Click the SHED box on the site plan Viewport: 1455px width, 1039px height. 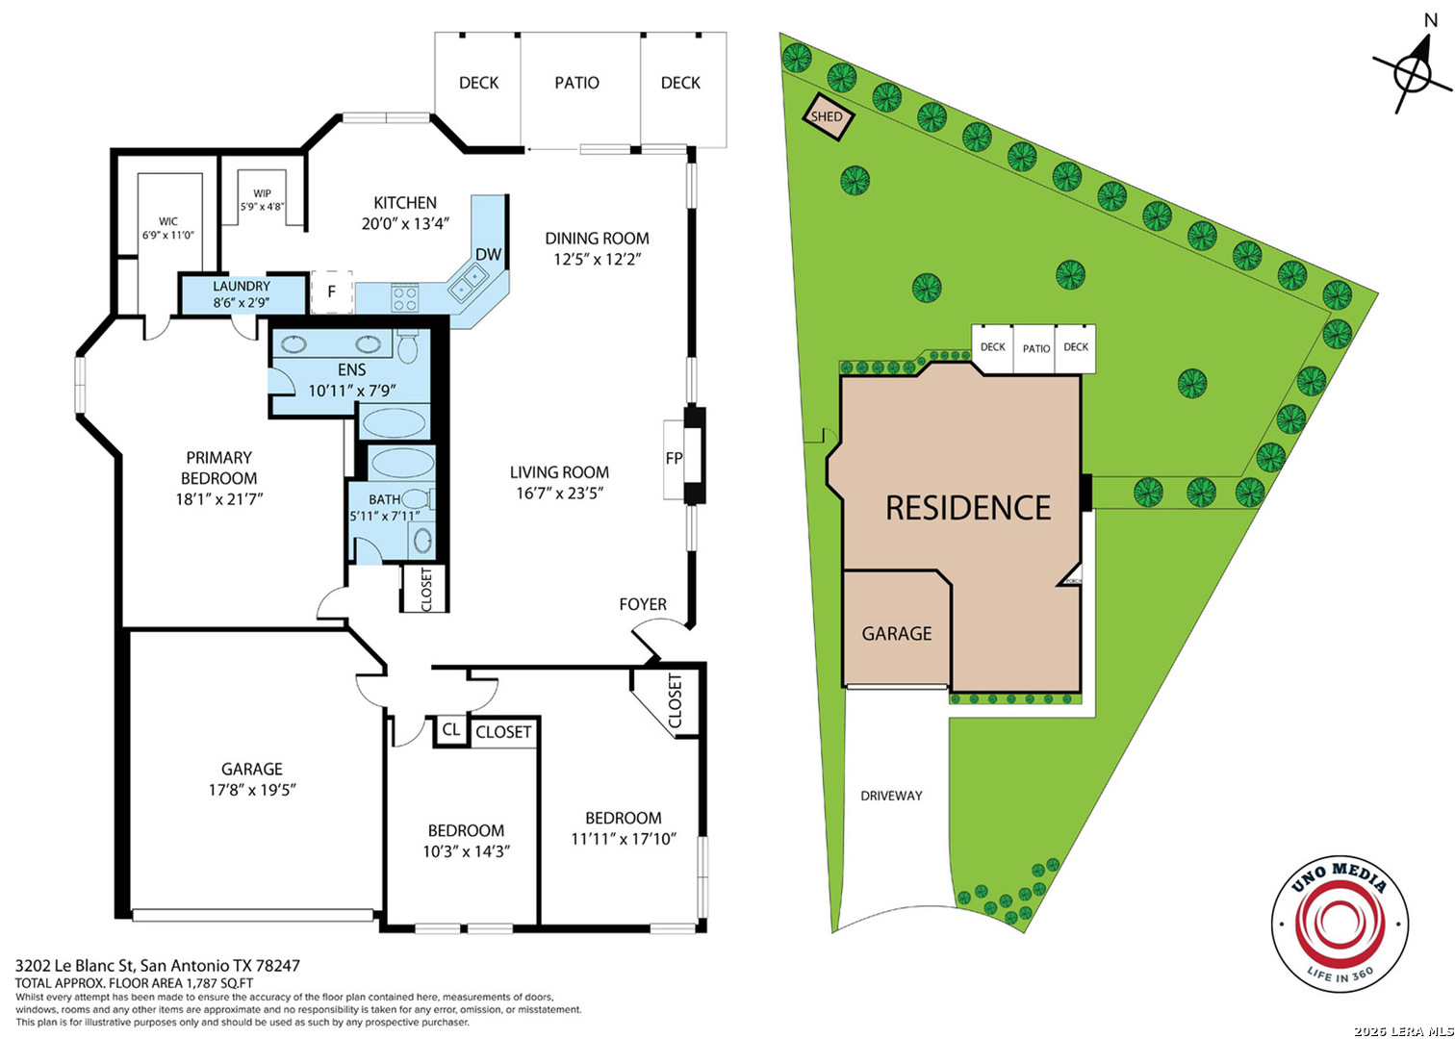pyautogui.click(x=829, y=117)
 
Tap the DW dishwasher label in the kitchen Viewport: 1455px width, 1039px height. pyautogui.click(x=489, y=254)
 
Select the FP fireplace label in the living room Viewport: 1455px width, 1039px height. pyautogui.click(x=675, y=459)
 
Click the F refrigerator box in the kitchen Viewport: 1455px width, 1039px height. pyautogui.click(x=331, y=291)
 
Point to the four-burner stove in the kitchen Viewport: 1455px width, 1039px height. pyautogui.click(x=405, y=298)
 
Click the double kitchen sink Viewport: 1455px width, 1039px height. pyautogui.click(x=468, y=286)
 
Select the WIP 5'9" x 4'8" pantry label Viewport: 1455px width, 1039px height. pyautogui.click(x=262, y=200)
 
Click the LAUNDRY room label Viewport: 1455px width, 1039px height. pyautogui.click(x=242, y=287)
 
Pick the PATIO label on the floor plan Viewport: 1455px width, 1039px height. pyautogui.click(x=576, y=83)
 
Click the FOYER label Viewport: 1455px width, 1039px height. pyautogui.click(x=643, y=604)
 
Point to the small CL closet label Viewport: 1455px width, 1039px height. pyautogui.click(x=451, y=729)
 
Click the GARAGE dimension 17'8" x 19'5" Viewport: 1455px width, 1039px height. pyautogui.click(x=252, y=790)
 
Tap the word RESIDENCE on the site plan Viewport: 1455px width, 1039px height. pyautogui.click(x=968, y=508)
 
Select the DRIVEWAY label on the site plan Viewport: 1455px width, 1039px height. pyautogui.click(x=891, y=796)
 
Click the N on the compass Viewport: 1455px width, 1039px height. pyautogui.click(x=1430, y=21)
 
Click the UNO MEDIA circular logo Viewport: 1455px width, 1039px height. pyautogui.click(x=1340, y=924)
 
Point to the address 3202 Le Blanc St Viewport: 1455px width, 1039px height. pyautogui.click(x=74, y=966)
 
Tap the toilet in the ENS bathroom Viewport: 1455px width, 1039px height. pyautogui.click(x=407, y=346)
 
